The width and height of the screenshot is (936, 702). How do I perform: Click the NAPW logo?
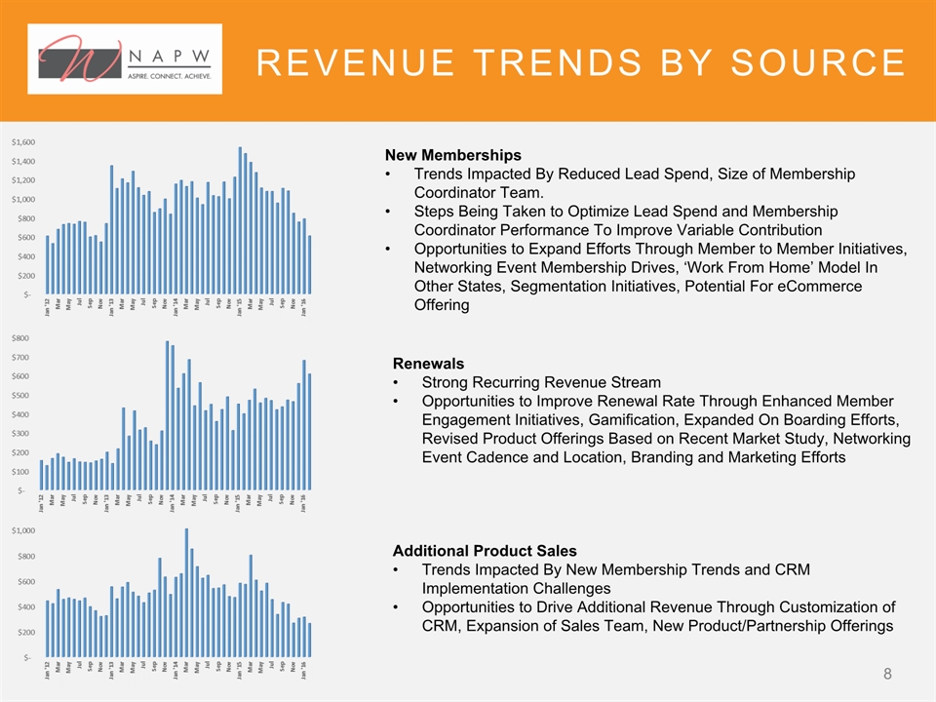click(x=126, y=58)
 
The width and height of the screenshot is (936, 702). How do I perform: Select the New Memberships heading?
click(x=453, y=155)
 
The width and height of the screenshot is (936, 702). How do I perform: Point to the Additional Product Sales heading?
click(x=485, y=551)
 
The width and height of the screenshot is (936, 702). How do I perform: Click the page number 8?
click(x=888, y=674)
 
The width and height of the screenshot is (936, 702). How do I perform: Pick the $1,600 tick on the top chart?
click(x=23, y=142)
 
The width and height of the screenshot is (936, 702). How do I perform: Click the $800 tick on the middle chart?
click(x=26, y=338)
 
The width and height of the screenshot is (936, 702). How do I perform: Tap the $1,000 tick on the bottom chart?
click(x=24, y=531)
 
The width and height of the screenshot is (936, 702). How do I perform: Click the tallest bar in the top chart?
click(x=240, y=219)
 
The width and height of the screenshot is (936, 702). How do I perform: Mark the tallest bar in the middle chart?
click(x=168, y=415)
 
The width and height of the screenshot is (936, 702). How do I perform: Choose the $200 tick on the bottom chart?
click(x=26, y=632)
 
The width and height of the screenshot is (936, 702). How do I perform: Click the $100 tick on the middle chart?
click(x=26, y=472)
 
